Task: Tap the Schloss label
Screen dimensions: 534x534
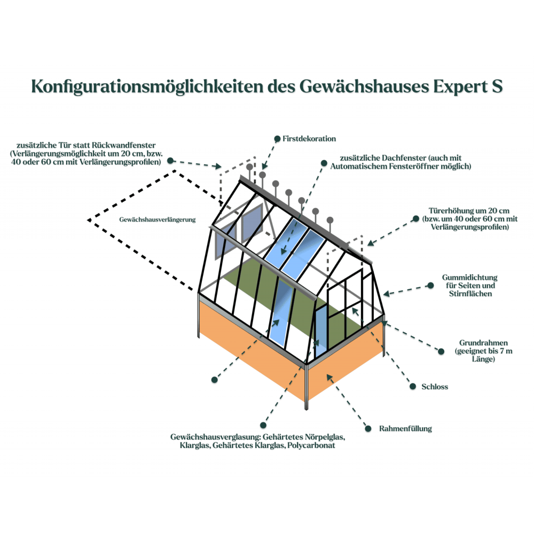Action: pyautogui.click(x=436, y=387)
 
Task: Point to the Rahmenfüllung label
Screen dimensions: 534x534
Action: pyautogui.click(x=405, y=428)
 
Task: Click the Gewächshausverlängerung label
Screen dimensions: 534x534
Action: pyautogui.click(x=158, y=219)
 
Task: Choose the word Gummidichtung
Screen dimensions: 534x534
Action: pyautogui.click(x=469, y=278)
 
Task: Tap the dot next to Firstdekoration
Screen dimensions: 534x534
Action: pyautogui.click(x=277, y=139)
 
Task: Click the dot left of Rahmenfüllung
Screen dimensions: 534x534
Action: pyautogui.click(x=367, y=428)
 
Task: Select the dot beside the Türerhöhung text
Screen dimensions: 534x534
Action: pyautogui.click(x=415, y=218)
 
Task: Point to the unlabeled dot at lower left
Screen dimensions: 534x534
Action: pyautogui.click(x=214, y=380)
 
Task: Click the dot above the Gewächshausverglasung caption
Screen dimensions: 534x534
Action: pyautogui.click(x=263, y=425)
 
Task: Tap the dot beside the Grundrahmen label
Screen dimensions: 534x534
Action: pyautogui.click(x=441, y=351)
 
